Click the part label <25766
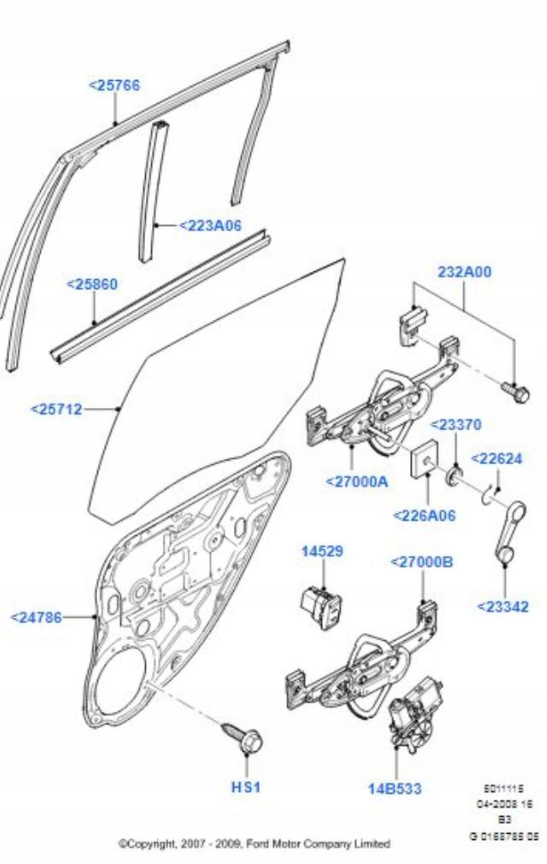click(114, 85)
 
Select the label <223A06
click(210, 225)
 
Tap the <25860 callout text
click(92, 284)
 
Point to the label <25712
click(56, 409)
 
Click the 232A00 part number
click(465, 272)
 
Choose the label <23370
click(456, 425)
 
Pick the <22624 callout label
click(497, 459)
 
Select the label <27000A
click(357, 482)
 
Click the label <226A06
click(424, 516)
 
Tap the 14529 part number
click(322, 551)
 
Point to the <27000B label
click(422, 562)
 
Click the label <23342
click(503, 607)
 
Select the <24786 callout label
click(36, 617)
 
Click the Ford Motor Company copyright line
click(254, 844)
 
